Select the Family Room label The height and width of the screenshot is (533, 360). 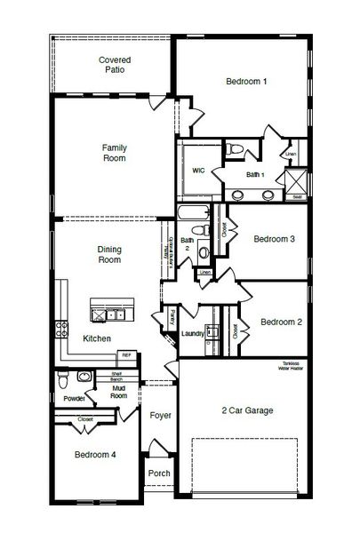113,153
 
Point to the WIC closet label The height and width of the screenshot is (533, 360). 199,171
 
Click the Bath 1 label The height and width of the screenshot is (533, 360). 256,175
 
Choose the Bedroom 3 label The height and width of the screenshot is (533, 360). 274,238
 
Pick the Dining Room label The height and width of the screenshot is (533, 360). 108,256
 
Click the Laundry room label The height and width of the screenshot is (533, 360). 193,333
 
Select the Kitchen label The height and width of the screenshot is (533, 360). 97,339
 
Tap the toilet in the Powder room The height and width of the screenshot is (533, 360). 61,381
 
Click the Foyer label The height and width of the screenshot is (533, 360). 160,415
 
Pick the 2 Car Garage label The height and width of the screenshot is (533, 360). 247,410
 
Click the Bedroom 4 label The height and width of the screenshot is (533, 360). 95,455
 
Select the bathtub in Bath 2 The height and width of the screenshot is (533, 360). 192,216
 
